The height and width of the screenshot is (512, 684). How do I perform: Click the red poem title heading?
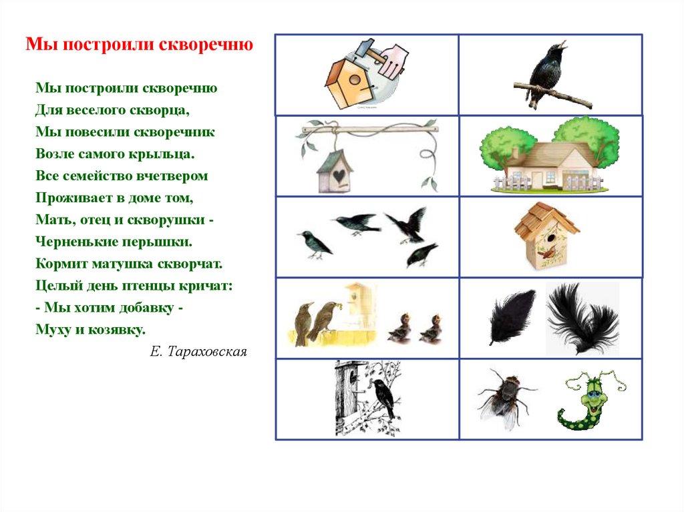pos(139,45)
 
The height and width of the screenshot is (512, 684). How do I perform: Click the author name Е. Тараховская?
pos(198,352)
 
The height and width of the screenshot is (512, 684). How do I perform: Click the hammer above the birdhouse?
pos(370,51)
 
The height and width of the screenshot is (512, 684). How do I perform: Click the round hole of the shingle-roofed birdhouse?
pos(551,238)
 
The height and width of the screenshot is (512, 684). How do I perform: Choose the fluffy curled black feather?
pos(582,318)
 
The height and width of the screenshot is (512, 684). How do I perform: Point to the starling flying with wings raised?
pos(407,225)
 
